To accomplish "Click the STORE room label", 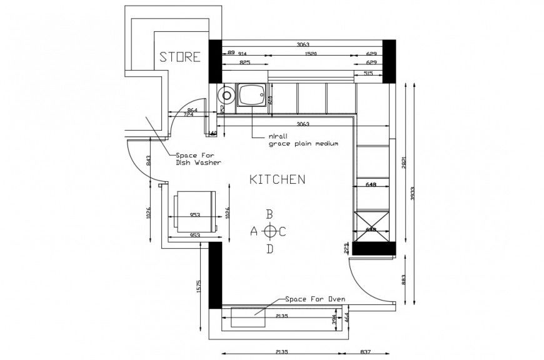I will pos(180,57).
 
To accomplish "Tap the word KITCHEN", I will pos(277,179).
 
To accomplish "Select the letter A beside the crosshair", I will pos(254,231).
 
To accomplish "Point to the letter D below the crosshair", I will pos(270,249).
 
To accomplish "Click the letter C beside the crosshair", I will pos(283,232).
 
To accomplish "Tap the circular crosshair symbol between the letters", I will pos(270,232).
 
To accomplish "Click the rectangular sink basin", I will pos(251,96).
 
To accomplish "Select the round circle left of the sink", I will pos(225,96).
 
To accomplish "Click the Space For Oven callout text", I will pos(315,299).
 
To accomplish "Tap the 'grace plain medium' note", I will pos(303,143).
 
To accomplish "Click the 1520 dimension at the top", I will pos(311,54).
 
